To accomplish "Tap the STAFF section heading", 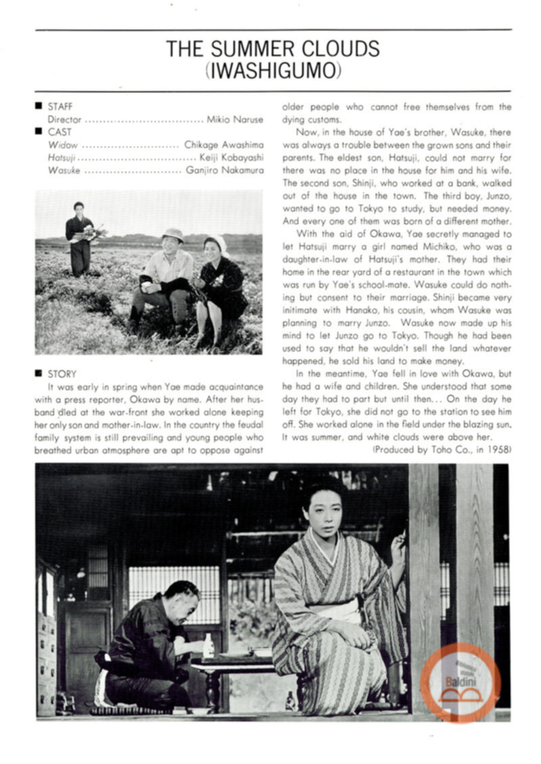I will pos(60,106).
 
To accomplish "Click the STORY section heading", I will pos(62,374).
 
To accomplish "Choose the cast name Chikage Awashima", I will pos(224,145).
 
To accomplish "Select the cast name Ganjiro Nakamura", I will pos(225,171).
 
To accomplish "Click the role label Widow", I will pos(63,145).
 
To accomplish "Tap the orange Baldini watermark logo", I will pos(461,682).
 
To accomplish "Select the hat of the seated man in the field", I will pos(173,234).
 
